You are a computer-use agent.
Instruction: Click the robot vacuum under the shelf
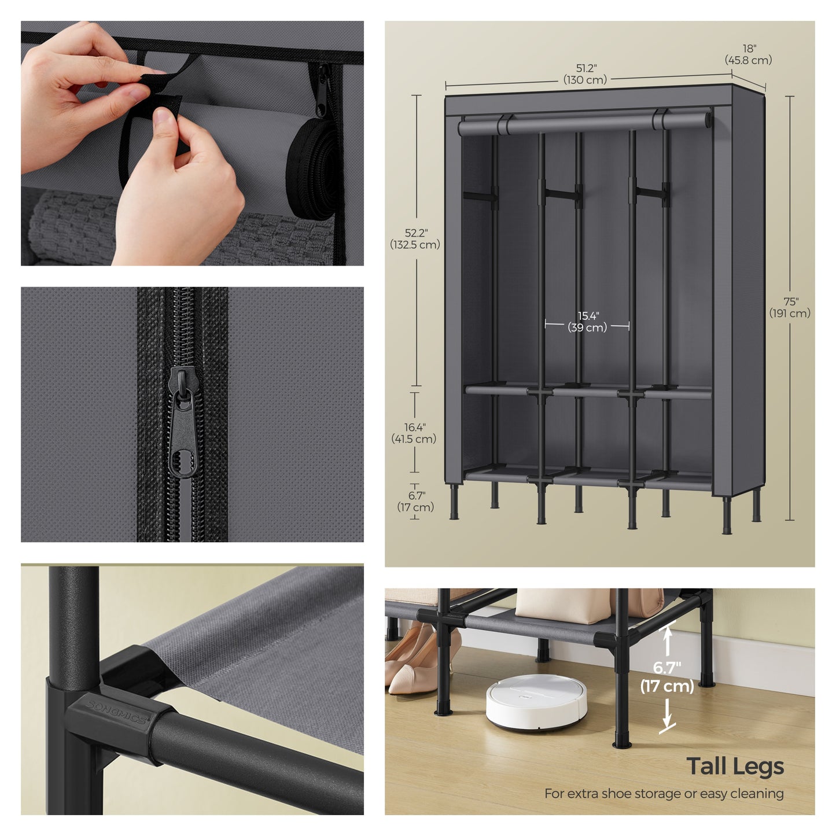(536, 702)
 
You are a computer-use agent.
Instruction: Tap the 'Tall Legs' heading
(735, 767)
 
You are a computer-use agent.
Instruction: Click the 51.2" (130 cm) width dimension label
(585, 74)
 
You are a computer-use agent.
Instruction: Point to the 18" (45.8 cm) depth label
(749, 54)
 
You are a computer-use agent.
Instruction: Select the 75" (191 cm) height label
(790, 308)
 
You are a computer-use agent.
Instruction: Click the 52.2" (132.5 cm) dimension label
(415, 239)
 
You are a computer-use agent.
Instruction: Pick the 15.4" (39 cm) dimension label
(587, 322)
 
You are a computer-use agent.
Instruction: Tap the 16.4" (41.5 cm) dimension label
(414, 433)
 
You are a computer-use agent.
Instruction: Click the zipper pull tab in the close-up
(183, 423)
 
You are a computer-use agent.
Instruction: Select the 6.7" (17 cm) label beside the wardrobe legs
(415, 502)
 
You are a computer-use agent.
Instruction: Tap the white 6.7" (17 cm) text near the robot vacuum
(667, 677)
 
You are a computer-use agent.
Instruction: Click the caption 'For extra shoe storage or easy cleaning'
(664, 794)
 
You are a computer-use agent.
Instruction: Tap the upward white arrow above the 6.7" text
(668, 642)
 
